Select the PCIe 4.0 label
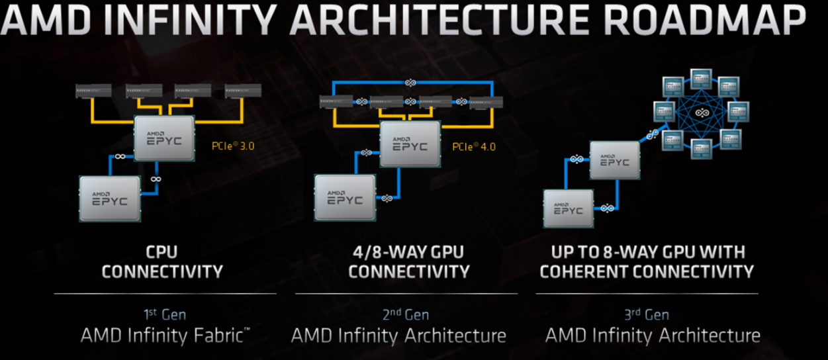point(473,146)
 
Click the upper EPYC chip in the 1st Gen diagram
point(164,138)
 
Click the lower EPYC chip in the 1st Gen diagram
point(110,198)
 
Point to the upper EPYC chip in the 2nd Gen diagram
point(410,144)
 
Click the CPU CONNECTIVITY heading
point(162,261)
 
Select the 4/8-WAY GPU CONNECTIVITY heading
point(408,261)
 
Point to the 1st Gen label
point(164,314)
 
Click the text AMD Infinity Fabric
point(164,336)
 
